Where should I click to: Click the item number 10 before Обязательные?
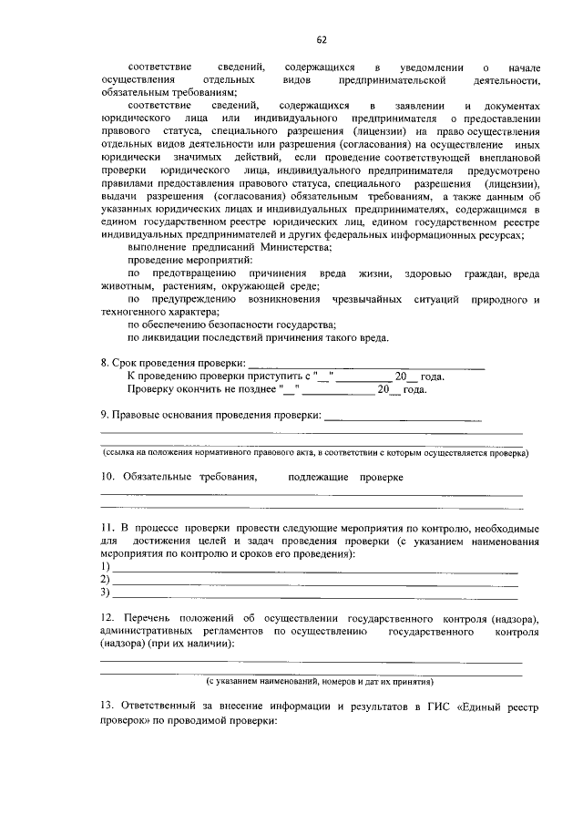click(x=107, y=476)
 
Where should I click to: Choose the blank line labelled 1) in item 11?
click(x=314, y=569)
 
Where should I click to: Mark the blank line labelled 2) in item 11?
click(x=314, y=581)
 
